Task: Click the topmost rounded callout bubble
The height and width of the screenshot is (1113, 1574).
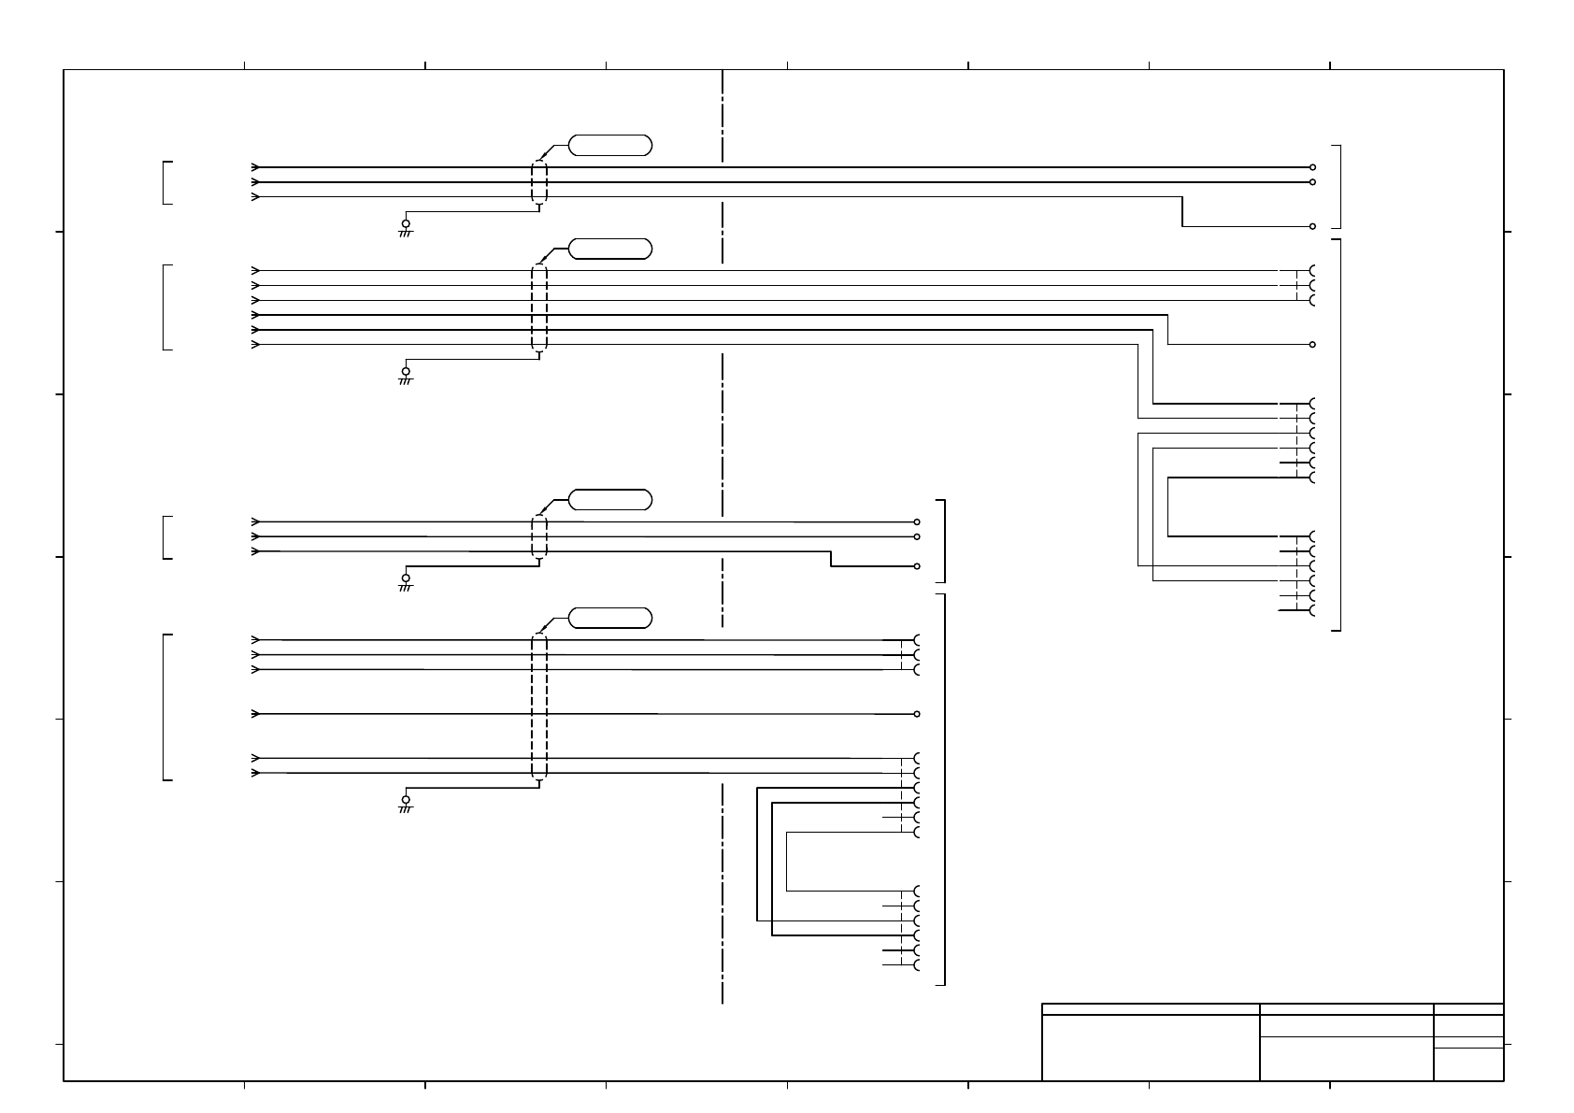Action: coord(609,145)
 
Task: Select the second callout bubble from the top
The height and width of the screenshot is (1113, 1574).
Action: coord(609,249)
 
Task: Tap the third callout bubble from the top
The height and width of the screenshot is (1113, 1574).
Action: coord(609,499)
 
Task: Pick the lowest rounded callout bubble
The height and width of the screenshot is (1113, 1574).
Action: coord(609,618)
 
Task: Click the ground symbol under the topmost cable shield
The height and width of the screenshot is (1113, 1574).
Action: coord(406,226)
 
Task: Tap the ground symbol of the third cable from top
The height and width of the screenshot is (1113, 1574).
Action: coord(406,580)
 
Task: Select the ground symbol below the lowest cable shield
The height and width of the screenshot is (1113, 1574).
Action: coord(406,802)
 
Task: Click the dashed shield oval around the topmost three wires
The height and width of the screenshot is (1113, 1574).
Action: coord(539,182)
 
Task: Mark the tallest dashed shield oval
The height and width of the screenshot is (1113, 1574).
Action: coord(539,706)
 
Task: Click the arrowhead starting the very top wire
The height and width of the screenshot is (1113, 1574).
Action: coord(255,167)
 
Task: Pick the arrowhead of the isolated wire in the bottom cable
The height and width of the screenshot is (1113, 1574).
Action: coord(255,714)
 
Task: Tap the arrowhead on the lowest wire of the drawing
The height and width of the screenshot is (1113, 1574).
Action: coord(255,773)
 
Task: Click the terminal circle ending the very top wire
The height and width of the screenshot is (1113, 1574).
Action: coord(1313,167)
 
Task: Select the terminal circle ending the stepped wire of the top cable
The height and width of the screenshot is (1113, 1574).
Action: coord(1313,226)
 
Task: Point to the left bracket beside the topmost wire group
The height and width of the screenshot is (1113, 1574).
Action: coord(165,182)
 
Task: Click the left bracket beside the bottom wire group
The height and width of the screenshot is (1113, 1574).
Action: coord(165,706)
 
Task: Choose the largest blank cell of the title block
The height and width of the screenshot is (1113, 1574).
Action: coord(1151,1048)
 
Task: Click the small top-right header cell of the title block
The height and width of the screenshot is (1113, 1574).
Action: coord(1468,1009)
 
